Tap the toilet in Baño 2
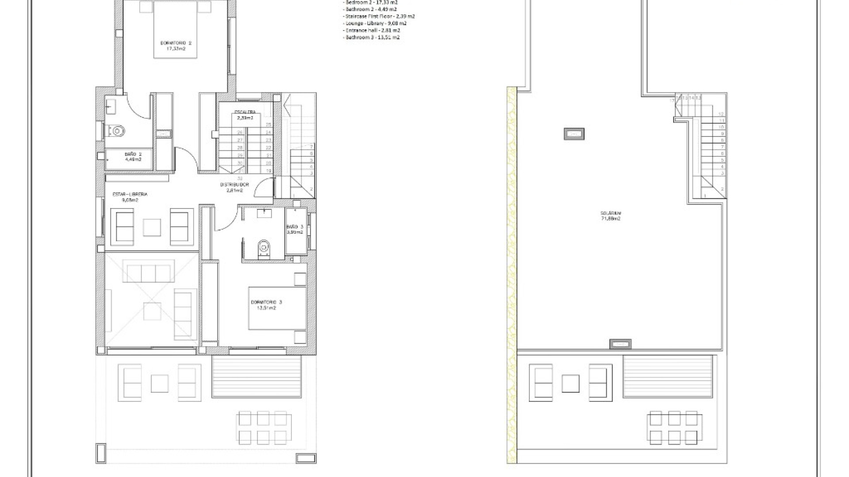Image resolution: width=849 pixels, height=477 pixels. click(117, 131)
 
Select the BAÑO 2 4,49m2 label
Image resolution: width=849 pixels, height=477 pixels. click(133, 157)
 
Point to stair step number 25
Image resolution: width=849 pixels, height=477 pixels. click(268, 125)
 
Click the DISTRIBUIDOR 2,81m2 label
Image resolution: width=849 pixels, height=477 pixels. click(234, 188)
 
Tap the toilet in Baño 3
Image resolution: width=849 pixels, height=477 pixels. click(264, 248)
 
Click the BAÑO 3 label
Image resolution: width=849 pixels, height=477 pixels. click(295, 229)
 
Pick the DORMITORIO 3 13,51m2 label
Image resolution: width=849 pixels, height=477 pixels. click(266, 305)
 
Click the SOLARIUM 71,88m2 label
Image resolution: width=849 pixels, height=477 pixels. click(611, 216)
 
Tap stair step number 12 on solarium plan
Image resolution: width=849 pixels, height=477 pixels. click(722, 114)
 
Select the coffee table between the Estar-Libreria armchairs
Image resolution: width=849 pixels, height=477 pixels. click(152, 227)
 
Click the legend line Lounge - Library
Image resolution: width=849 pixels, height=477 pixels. click(375, 23)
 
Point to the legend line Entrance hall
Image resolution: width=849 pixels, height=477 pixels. click(371, 30)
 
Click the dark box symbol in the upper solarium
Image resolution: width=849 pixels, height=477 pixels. click(574, 134)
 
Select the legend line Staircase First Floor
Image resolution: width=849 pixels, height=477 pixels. click(379, 16)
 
